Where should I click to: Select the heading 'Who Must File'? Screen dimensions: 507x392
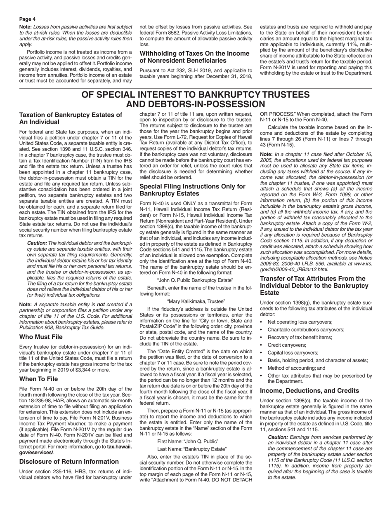click(x=41, y=337)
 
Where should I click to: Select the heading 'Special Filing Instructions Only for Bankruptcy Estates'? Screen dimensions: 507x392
click(x=193, y=190)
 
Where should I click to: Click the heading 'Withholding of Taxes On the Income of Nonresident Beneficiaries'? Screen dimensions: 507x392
click(x=195, y=57)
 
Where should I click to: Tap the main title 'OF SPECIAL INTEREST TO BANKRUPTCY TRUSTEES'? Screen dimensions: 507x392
click(x=196, y=95)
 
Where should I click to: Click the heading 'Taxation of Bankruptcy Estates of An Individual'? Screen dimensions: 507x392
click(x=71, y=118)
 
